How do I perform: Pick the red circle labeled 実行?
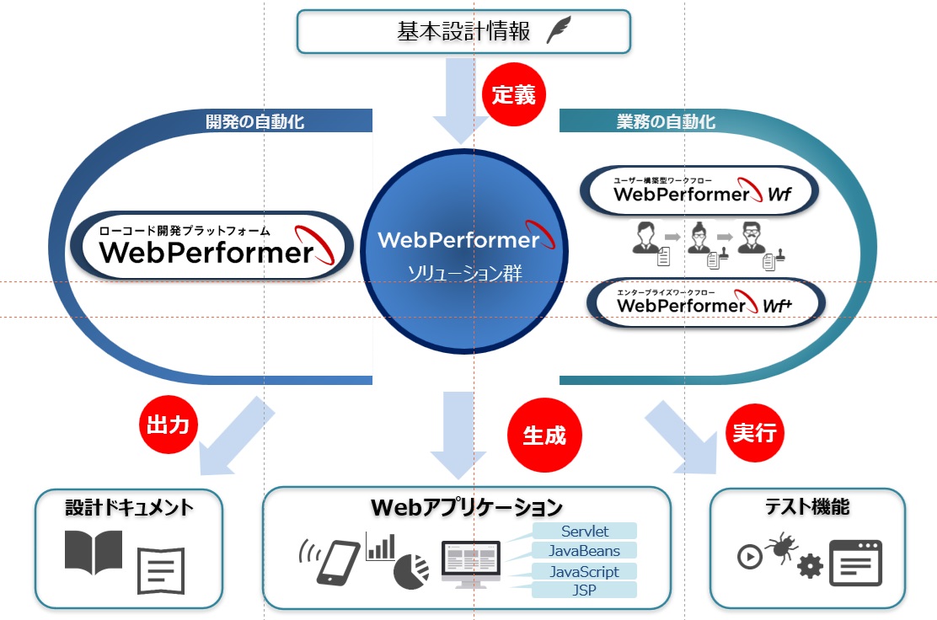click(x=755, y=433)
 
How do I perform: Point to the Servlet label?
click(x=585, y=531)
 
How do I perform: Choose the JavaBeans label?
click(x=584, y=551)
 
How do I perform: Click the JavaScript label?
click(x=584, y=571)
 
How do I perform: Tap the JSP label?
click(x=584, y=590)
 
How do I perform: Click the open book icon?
click(x=94, y=553)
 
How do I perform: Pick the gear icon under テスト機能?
click(x=810, y=566)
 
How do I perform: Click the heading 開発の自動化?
click(x=255, y=122)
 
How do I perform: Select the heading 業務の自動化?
click(x=667, y=122)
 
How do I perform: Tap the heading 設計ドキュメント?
click(x=130, y=507)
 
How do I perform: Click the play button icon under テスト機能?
click(x=749, y=557)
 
